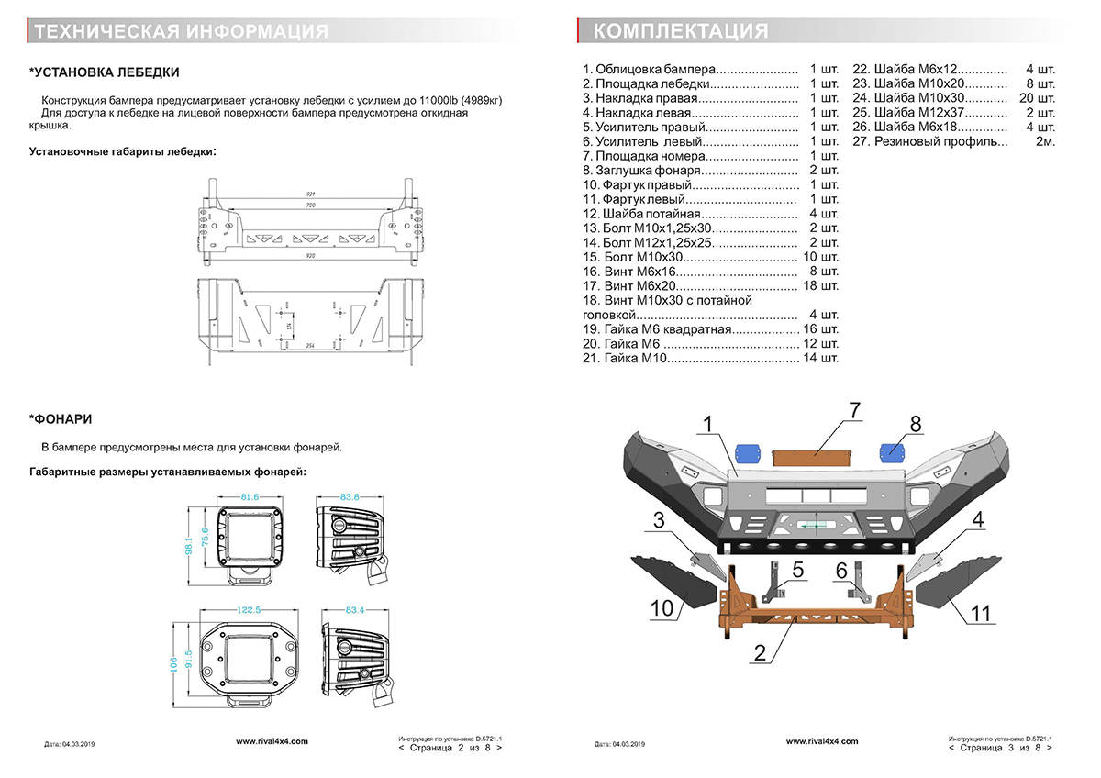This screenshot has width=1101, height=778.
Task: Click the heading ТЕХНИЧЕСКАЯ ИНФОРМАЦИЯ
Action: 180,32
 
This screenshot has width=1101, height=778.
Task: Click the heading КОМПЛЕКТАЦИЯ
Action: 681,32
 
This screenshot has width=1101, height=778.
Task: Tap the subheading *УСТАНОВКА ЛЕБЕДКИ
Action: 104,72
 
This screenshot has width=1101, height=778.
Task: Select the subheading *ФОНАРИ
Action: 61,419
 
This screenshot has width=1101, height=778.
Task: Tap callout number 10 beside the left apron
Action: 663,606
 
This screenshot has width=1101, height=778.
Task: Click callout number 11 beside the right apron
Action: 981,612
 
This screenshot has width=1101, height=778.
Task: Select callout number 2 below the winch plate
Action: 760,654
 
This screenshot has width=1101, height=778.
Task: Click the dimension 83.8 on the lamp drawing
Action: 350,496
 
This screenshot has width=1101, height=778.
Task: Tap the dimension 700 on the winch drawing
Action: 310,205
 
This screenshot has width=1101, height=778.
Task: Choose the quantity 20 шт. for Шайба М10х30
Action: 1039,97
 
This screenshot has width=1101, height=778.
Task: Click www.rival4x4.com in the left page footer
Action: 272,740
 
